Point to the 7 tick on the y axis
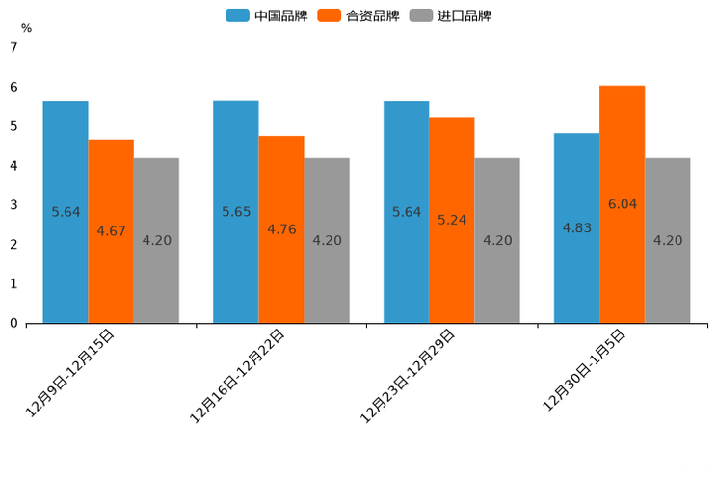(13, 47)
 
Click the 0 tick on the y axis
(13, 323)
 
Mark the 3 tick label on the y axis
(13, 204)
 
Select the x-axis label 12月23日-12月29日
(408, 375)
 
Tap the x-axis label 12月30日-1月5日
(584, 370)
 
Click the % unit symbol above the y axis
(26, 28)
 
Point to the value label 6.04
(623, 204)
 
